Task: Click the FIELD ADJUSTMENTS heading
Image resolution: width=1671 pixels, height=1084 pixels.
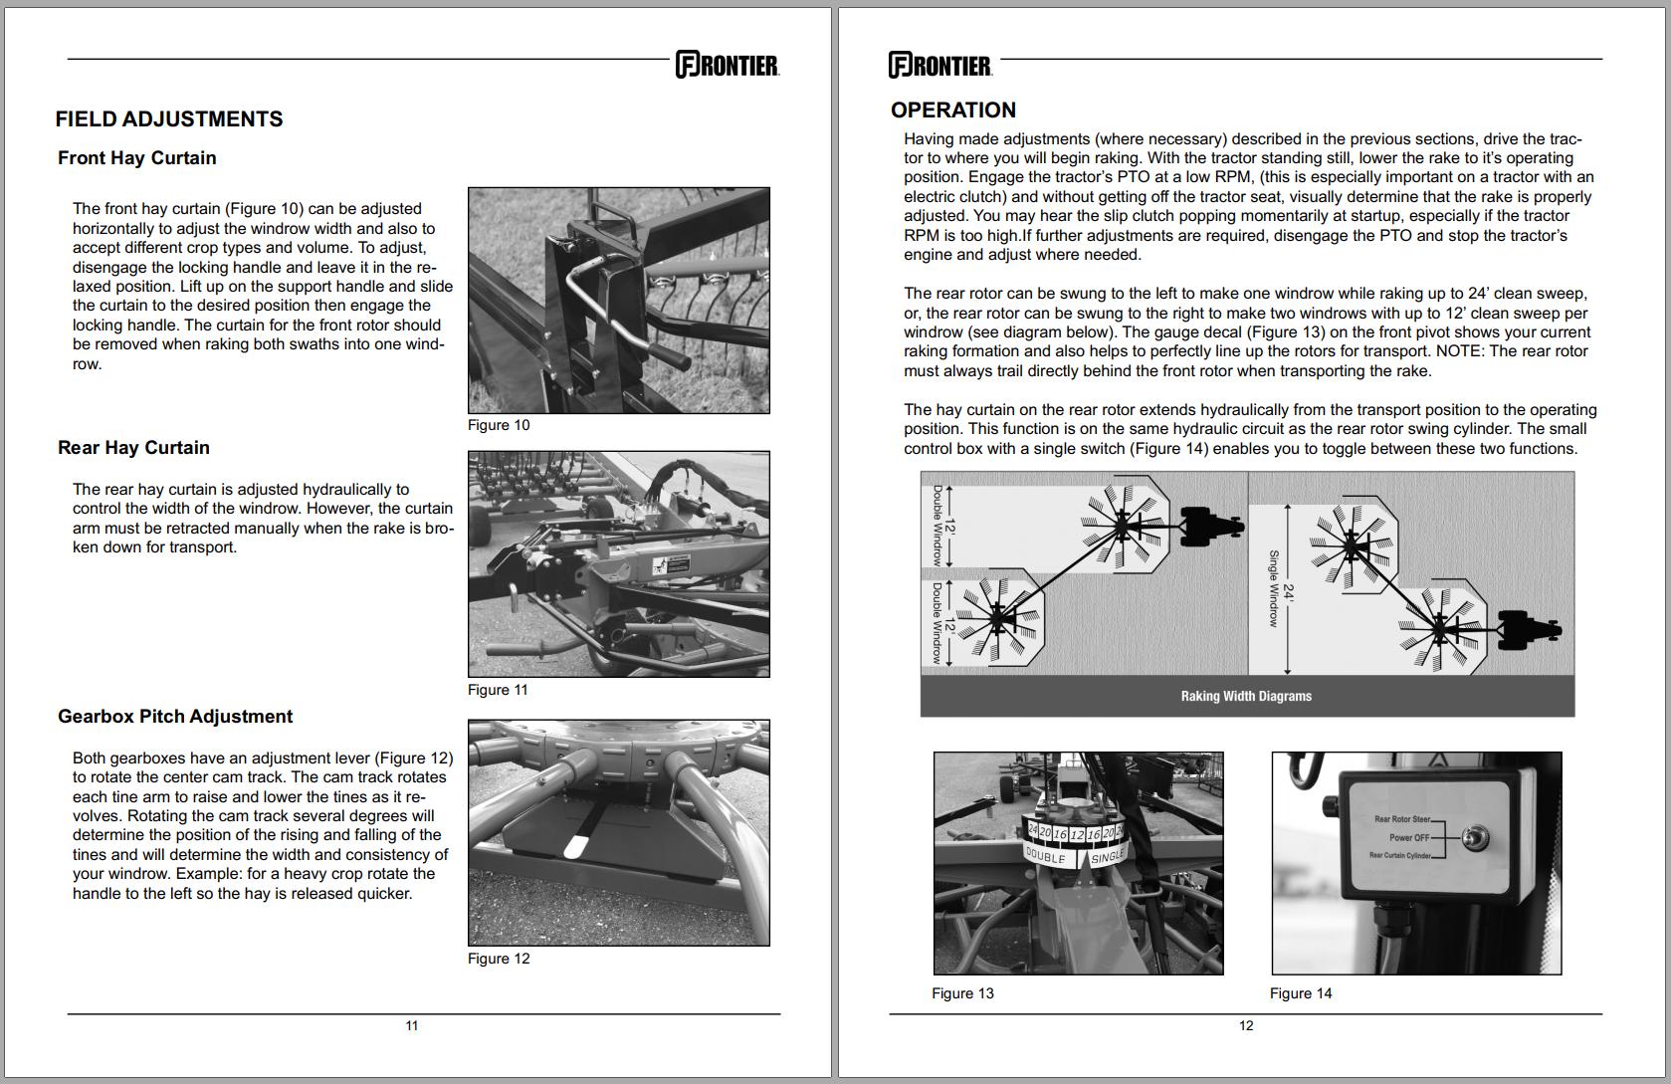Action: (169, 119)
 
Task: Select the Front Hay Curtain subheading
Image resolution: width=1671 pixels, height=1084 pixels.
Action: (136, 158)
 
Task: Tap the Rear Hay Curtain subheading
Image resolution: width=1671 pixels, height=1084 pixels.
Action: (133, 448)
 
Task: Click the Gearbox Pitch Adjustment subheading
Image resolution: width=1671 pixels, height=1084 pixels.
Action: (175, 717)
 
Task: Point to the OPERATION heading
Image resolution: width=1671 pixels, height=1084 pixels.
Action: (952, 110)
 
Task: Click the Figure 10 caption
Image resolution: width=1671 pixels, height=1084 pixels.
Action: (499, 425)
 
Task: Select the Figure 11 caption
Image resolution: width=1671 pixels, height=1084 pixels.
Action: (498, 690)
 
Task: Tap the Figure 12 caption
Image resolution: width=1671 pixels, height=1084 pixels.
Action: (499, 959)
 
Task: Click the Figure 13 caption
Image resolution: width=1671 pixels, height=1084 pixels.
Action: (962, 993)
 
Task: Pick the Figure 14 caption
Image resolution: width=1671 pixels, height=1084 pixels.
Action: (1300, 993)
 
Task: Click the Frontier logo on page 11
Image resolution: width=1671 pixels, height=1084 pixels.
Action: (728, 65)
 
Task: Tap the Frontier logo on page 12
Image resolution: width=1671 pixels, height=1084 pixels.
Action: (940, 65)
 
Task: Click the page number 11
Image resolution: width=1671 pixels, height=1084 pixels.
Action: (412, 1025)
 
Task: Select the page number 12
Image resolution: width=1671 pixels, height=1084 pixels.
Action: (1246, 1025)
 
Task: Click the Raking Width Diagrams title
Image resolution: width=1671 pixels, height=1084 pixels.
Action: (1246, 696)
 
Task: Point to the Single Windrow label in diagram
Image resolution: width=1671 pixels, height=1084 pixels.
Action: (1273, 588)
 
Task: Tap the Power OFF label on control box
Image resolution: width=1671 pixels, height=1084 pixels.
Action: (1408, 837)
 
